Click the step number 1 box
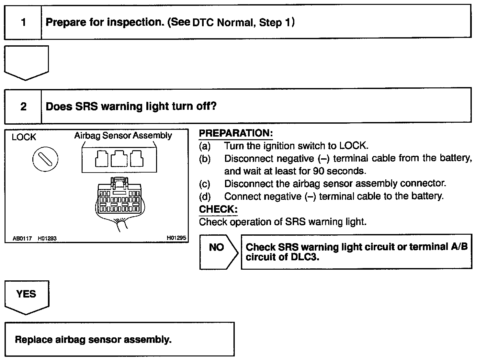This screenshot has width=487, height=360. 23,22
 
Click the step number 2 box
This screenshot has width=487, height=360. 23,106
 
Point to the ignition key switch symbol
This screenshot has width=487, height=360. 45,159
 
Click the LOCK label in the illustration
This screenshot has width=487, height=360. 24,137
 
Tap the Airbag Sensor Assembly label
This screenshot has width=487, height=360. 123,135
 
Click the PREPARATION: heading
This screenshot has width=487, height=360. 236,133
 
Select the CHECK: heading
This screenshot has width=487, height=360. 218,209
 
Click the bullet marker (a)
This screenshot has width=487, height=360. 205,146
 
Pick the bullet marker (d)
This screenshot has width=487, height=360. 205,197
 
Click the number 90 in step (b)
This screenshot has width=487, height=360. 319,171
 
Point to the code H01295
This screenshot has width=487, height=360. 176,238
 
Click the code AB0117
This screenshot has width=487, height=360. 22,239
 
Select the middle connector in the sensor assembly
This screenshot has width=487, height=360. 119,159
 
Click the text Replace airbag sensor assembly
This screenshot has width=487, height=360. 93,340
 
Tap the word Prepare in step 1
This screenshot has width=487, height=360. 66,22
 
